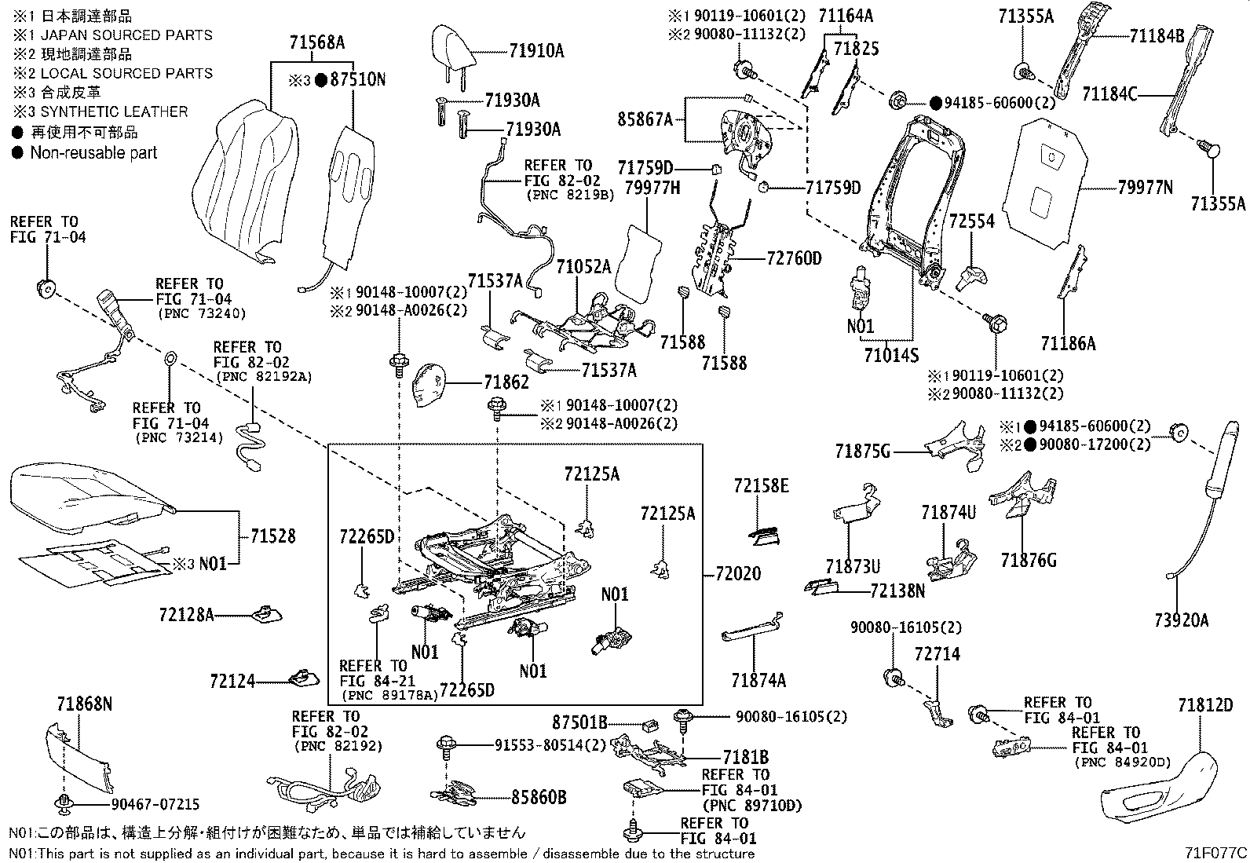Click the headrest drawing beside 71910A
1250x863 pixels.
tap(455, 46)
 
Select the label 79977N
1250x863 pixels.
tap(1145, 188)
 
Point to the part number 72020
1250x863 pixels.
tap(737, 574)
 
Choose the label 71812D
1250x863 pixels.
tap(1205, 705)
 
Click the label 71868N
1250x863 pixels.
tap(84, 704)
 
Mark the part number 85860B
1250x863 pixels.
tap(538, 798)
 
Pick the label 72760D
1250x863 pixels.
tap(793, 258)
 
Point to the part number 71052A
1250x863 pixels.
tap(583, 267)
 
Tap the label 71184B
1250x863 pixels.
tap(1157, 35)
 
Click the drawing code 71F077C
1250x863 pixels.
tap(1216, 852)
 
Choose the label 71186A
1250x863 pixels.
tap(1068, 343)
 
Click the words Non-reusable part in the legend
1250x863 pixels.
tap(93, 153)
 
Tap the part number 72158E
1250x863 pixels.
tap(761, 487)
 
